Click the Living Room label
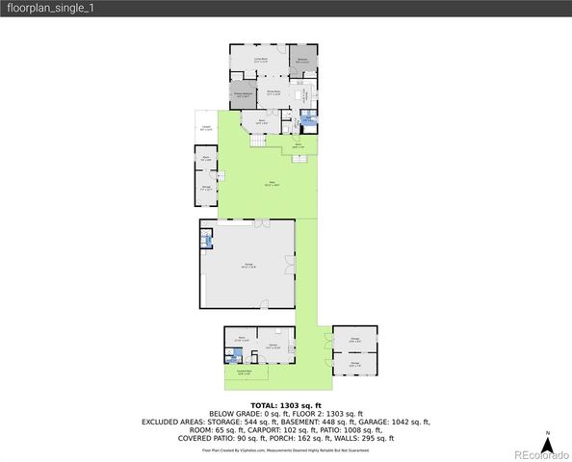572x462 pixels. (x=260, y=61)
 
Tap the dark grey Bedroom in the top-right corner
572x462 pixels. (x=302, y=61)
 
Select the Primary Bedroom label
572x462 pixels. (x=243, y=94)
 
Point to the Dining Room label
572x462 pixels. (x=273, y=92)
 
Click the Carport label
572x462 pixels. (x=206, y=128)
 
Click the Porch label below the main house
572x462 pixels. (x=299, y=145)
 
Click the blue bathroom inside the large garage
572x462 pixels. (x=206, y=238)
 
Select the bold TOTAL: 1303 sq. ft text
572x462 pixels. (x=286, y=405)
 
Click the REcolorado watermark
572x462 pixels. (x=541, y=453)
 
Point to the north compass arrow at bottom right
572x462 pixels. (x=547, y=441)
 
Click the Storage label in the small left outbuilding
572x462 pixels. (x=206, y=188)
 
